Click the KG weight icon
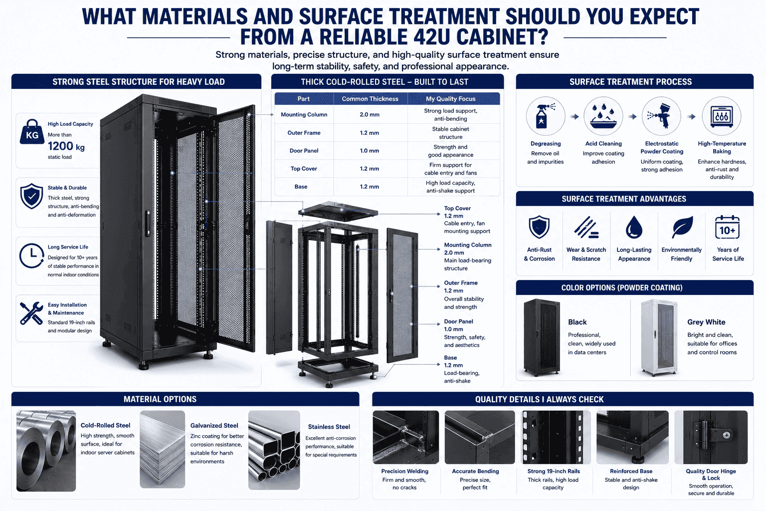32,132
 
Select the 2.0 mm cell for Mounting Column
370,115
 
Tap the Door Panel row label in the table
304,151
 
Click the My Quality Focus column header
450,99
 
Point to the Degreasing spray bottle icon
545,116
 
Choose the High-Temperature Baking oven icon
722,116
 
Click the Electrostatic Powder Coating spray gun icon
661,116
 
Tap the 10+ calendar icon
728,228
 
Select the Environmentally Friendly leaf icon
682,227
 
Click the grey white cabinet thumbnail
659,337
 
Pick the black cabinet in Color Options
542,337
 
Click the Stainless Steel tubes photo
274,450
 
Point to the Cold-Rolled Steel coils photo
46,451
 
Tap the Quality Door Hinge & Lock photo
711,438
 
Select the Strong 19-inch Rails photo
556,438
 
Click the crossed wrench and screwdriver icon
31,313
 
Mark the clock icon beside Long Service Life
31,255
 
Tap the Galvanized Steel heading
214,426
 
